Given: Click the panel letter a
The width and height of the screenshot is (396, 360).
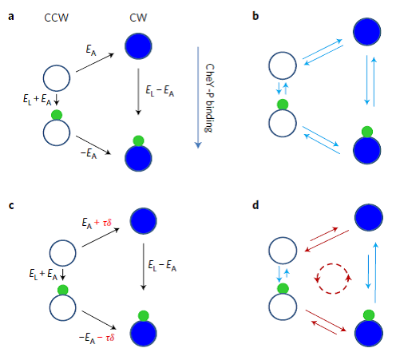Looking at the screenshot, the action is coord(11,17).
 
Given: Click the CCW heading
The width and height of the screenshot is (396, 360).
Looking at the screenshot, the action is coord(56,18).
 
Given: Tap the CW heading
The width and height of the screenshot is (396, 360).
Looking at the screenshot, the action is coord(138,18).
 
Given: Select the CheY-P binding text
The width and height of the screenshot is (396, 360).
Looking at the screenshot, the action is coord(209,98).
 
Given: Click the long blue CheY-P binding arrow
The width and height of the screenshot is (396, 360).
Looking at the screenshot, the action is coord(198,97).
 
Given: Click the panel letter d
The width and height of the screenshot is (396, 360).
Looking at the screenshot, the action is coord(255,205).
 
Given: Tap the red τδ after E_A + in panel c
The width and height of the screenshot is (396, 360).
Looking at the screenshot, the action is coord(107,223).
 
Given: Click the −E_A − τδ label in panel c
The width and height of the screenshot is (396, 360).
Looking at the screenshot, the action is coord(97,338).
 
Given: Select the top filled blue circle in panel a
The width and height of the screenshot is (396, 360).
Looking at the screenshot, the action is coord(138,46).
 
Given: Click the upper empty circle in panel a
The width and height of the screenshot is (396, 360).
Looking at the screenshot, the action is coord(57,78).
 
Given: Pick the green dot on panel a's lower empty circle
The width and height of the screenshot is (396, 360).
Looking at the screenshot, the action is coord(57,115).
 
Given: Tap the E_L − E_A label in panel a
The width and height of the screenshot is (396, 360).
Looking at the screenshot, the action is coord(160,91).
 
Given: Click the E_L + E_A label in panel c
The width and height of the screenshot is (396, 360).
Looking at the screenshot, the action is coord(43,274).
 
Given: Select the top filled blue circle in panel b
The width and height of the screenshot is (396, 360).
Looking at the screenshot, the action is coord(367,32).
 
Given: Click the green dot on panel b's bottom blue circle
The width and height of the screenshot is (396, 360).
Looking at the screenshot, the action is coord(367,132).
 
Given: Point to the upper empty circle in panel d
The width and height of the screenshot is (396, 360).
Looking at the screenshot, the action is coord(283,251).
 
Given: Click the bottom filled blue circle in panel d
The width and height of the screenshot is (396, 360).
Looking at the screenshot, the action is coord(369,333).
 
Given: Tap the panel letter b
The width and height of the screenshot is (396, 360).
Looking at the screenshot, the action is coord(255,16).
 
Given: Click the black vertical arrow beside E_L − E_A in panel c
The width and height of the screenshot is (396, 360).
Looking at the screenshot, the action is coord(144,267).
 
